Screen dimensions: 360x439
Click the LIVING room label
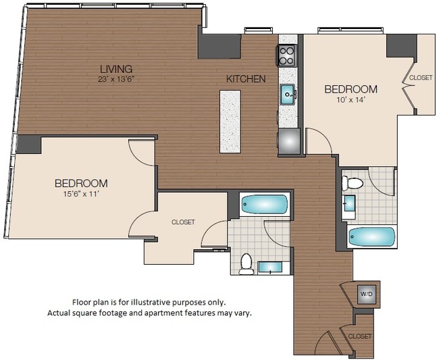coord(116,69)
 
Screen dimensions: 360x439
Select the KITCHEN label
coord(246,79)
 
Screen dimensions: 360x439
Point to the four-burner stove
coord(287,55)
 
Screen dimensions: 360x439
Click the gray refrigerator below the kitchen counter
coord(288,141)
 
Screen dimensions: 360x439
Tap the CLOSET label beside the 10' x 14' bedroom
coord(421,78)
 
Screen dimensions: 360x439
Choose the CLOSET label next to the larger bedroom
coord(183,222)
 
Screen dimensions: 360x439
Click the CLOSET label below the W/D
coord(360,336)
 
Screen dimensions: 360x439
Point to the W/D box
coord(365,294)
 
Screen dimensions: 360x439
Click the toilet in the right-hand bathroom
coord(353,183)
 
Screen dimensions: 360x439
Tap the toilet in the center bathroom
coord(247,262)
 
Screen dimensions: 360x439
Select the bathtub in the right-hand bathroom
coord(371,237)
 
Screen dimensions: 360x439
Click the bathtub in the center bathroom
coord(264,204)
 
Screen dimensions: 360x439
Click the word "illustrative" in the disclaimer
coord(155,302)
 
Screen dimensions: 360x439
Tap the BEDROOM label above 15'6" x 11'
coord(81,183)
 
